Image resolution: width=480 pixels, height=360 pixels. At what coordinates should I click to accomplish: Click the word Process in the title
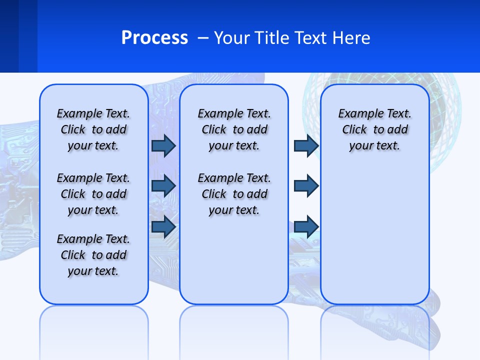[154, 37]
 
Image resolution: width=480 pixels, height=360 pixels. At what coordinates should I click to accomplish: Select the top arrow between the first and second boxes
[163, 145]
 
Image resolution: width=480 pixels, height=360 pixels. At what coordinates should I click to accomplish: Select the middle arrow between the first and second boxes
[163, 186]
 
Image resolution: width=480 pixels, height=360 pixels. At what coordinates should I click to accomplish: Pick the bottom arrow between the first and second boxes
[163, 226]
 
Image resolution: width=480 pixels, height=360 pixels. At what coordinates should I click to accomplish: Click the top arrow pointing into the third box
[306, 145]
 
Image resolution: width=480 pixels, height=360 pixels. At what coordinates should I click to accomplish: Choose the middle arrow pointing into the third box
[306, 186]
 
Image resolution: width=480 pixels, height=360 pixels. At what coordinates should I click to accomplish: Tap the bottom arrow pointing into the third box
[306, 226]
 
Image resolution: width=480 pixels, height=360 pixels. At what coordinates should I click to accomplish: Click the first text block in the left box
[93, 129]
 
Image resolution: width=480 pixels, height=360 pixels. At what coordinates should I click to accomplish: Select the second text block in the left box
[93, 194]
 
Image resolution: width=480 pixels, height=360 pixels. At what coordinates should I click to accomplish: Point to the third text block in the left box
[93, 255]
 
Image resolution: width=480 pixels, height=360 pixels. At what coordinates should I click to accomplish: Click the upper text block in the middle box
[234, 129]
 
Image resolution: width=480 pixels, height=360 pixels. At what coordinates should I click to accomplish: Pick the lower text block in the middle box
[234, 194]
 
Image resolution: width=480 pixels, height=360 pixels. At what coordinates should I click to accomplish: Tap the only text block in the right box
[374, 129]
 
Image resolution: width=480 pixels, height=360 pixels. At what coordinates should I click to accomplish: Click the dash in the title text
[203, 38]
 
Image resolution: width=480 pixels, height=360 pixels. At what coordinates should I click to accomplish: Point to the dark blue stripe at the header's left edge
[9, 36]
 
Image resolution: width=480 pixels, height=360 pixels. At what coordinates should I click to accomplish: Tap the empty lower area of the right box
[374, 240]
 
